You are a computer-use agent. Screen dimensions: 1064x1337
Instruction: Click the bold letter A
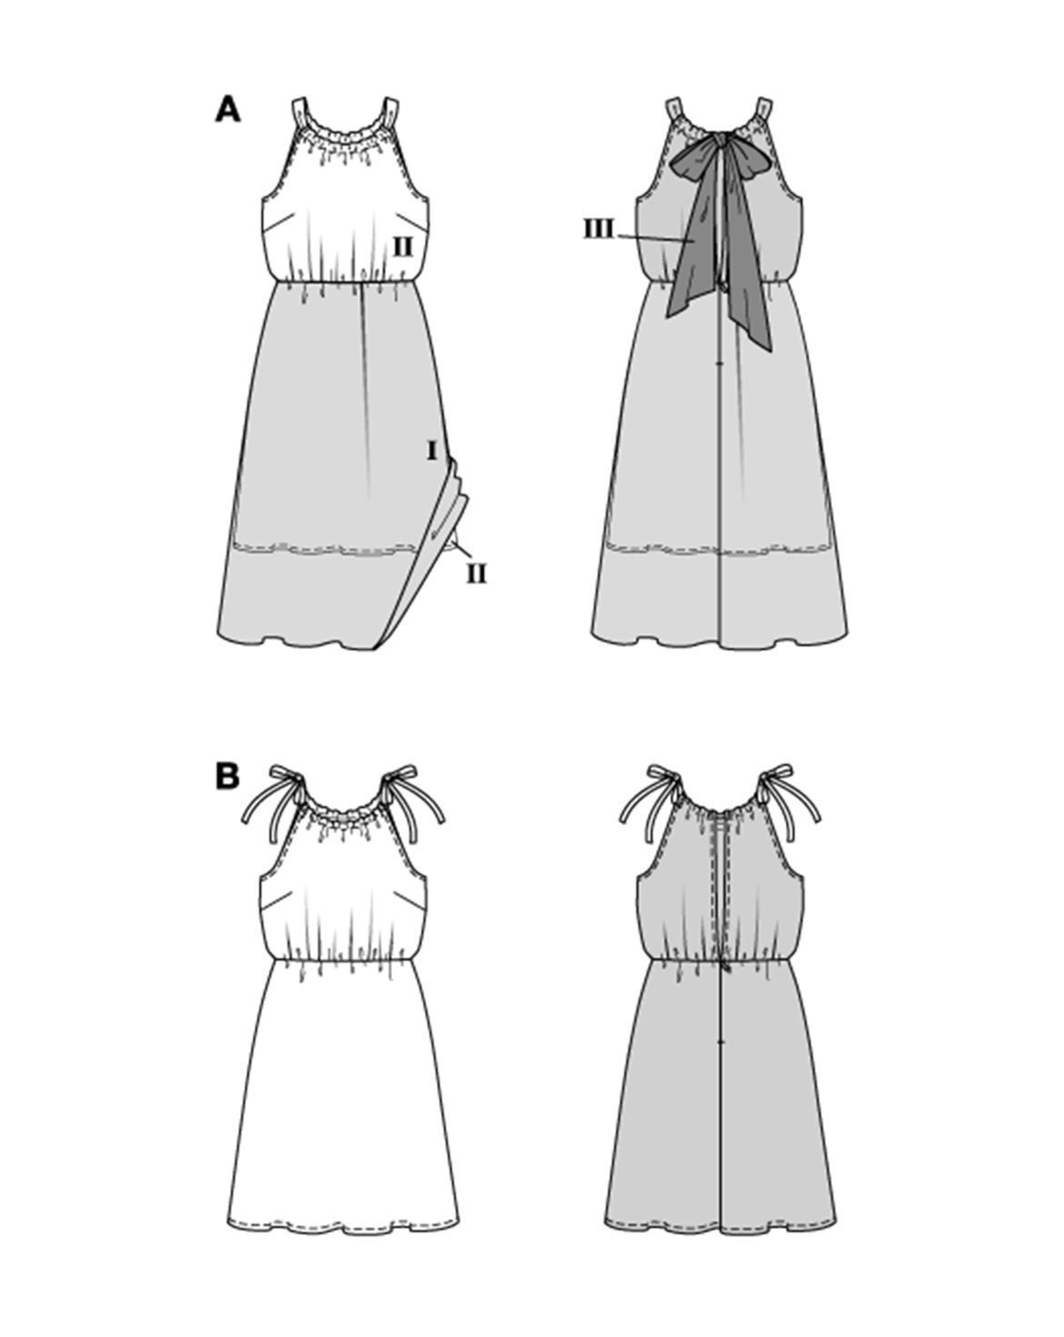[227, 111]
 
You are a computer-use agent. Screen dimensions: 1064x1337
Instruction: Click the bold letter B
[227, 777]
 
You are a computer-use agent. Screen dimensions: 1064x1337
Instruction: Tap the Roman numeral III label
[598, 228]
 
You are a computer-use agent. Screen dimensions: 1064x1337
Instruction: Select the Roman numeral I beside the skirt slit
[432, 450]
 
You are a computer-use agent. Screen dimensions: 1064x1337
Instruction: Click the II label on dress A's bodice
[403, 247]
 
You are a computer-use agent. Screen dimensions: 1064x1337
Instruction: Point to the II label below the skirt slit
[477, 574]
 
